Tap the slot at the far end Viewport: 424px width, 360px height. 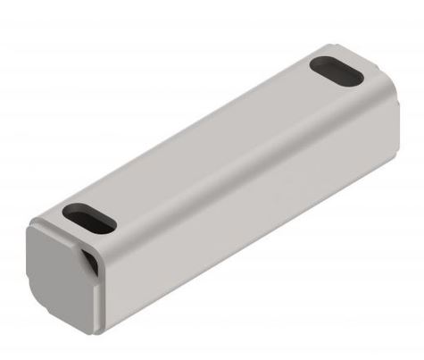pos(336,71)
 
